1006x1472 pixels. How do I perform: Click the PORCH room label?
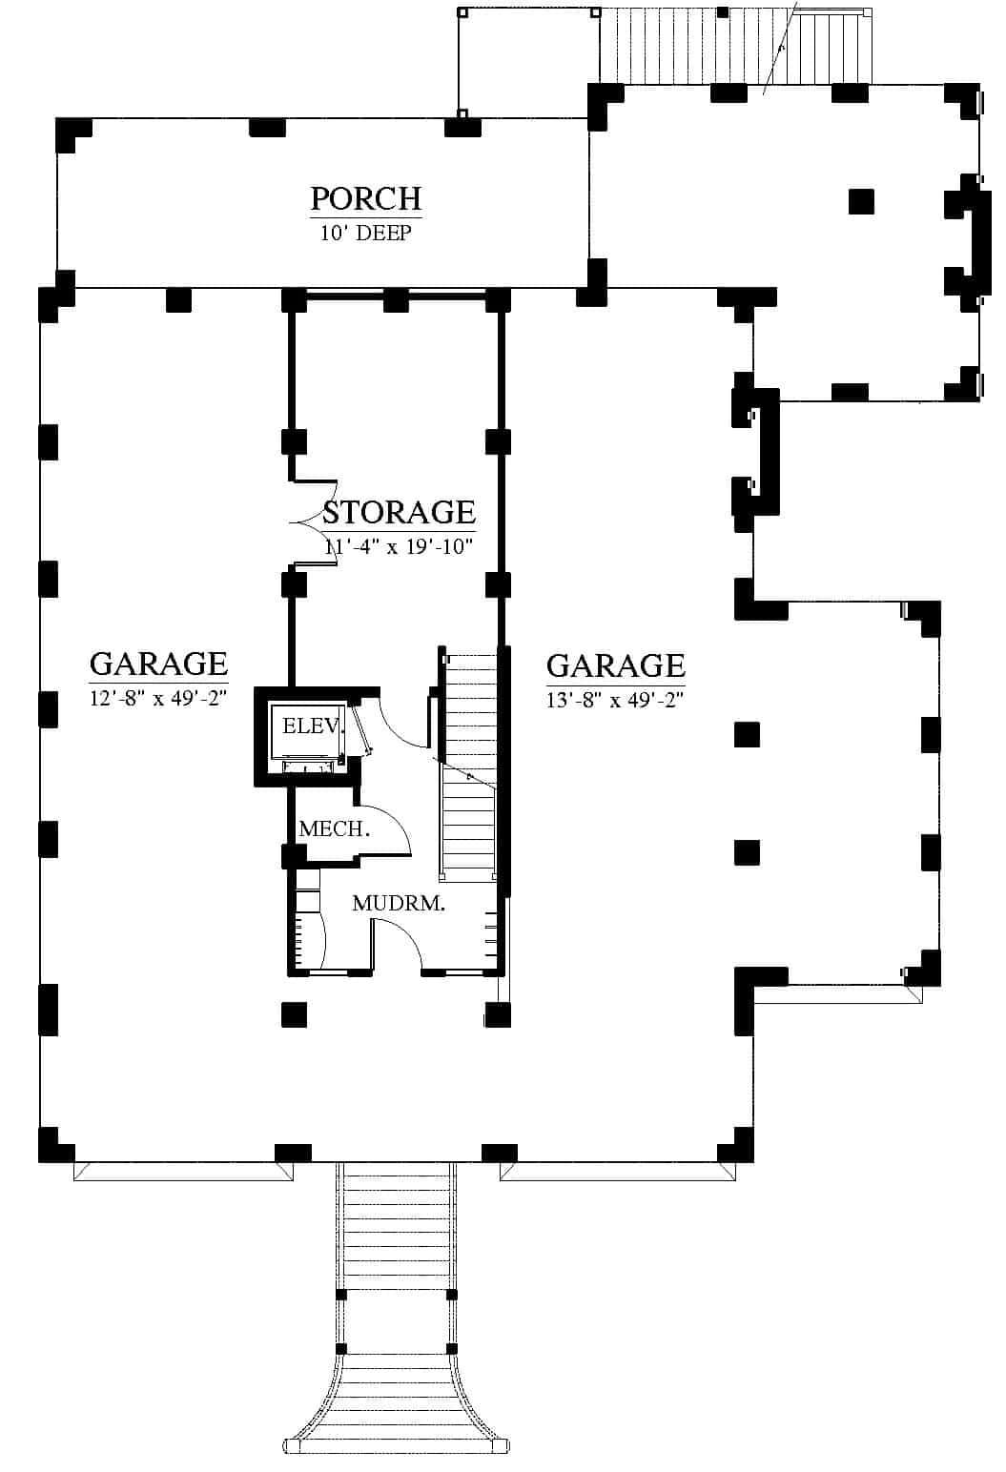click(x=366, y=198)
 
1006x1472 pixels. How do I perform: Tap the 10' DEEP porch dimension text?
click(x=366, y=234)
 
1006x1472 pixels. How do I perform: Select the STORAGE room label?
click(x=399, y=513)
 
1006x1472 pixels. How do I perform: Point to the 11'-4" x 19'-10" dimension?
click(x=399, y=546)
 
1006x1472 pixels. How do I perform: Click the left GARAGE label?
click(x=158, y=664)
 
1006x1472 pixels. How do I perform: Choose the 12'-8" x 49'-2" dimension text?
click(x=158, y=698)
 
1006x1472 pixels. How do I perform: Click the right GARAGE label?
click(x=616, y=665)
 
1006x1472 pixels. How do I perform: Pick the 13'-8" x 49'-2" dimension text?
click(x=616, y=700)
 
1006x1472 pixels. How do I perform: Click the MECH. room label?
click(x=335, y=829)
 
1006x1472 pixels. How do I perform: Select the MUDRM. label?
click(x=399, y=904)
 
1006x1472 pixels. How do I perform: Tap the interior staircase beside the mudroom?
click(x=469, y=766)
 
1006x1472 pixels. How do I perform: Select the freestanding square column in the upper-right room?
click(x=861, y=202)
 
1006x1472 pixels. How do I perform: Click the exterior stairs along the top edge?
click(x=734, y=46)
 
